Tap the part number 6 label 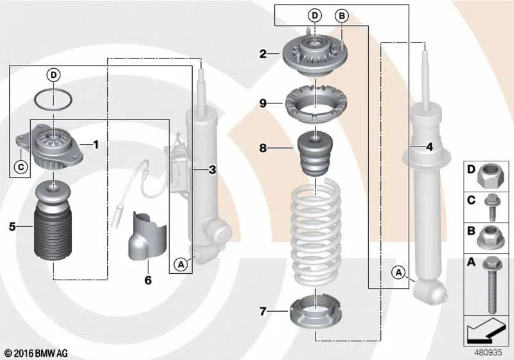click(148, 280)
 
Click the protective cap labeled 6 click(148, 235)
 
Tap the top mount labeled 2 click(315, 55)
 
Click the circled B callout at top click(342, 15)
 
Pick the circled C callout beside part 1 click(21, 167)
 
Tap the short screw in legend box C click(492, 207)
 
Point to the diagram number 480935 click(488, 352)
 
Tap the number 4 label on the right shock click(429, 147)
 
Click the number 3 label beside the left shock click(213, 170)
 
